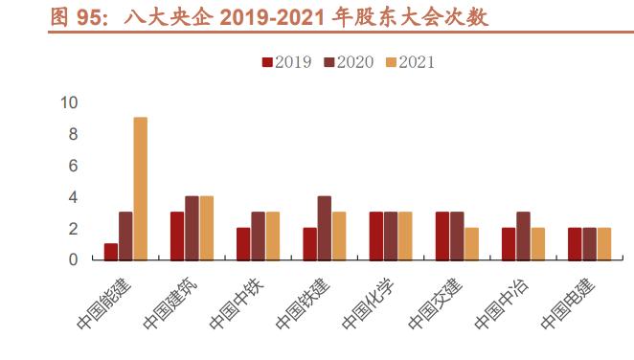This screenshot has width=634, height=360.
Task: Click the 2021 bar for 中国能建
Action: point(141,189)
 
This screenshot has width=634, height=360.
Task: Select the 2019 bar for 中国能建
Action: point(111,252)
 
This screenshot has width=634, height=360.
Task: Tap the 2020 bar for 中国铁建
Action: point(324,228)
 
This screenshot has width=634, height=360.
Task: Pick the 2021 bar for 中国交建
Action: point(471,244)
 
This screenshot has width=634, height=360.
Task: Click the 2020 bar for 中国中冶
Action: point(523,236)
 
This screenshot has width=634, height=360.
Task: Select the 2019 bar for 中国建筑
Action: point(177,236)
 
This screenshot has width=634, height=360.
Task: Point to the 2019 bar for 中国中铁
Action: point(243,244)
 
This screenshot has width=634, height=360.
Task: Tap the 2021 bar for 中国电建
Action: point(603,244)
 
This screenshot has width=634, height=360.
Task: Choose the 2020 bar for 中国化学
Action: point(391,236)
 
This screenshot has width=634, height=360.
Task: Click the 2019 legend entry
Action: point(285,62)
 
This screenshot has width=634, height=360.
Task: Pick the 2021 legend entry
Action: point(409,62)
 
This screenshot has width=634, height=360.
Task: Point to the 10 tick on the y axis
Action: point(69,103)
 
